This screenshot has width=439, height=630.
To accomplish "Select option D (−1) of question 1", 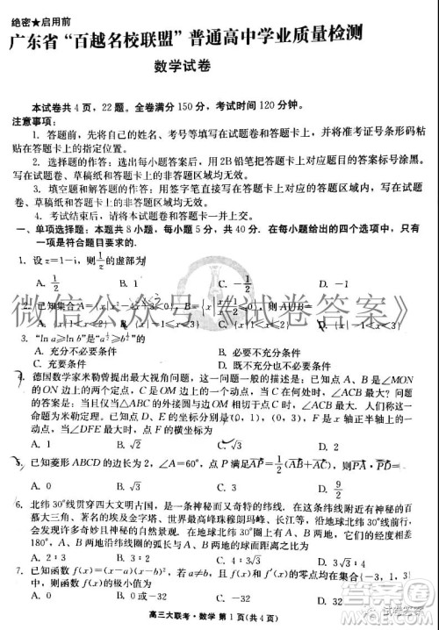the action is click(x=328, y=284).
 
